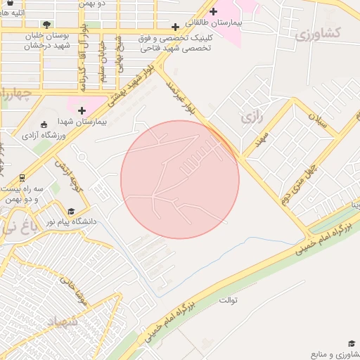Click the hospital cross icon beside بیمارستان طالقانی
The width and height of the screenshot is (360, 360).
click(x=213, y=11)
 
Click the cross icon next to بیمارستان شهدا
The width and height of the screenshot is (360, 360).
click(x=82, y=110)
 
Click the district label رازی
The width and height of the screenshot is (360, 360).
click(x=251, y=117)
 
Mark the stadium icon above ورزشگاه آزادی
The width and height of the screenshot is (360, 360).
click(x=44, y=123)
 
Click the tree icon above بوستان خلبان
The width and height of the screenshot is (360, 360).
click(x=46, y=24)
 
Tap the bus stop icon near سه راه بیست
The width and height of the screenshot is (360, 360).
click(x=22, y=177)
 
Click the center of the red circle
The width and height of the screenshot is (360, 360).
click(x=180, y=179)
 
